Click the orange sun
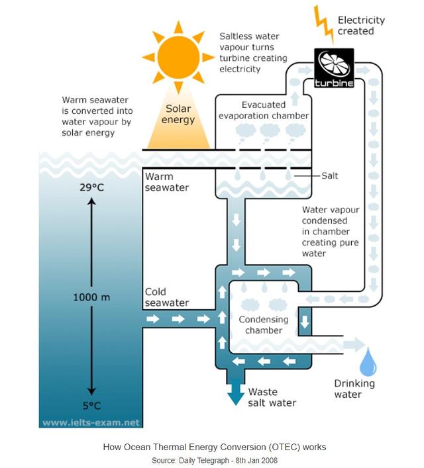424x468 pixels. click(x=178, y=56)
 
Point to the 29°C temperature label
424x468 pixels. click(x=92, y=187)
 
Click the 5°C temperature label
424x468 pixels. click(x=92, y=406)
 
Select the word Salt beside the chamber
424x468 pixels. click(x=330, y=175)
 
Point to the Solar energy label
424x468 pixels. click(x=178, y=115)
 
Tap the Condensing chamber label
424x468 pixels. click(x=264, y=325)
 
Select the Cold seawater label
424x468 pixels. click(x=166, y=297)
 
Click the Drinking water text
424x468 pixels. click(x=354, y=389)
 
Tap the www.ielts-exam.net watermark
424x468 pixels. click(x=91, y=422)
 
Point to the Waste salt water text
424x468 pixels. click(x=272, y=397)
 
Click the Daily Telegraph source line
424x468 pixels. click(x=214, y=460)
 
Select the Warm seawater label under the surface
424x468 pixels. click(x=166, y=182)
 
